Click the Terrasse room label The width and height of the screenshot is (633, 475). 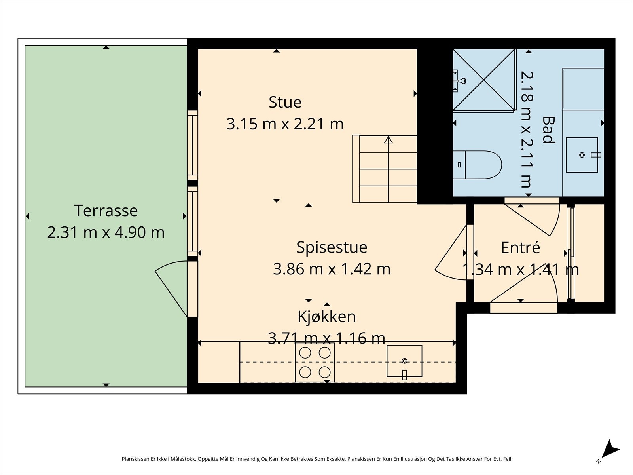[106, 211]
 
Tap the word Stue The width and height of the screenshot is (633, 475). [285, 102]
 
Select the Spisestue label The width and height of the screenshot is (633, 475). [332, 247]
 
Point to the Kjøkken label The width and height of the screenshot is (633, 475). [326, 316]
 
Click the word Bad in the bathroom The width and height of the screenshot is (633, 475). [548, 130]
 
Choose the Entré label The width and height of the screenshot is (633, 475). [520, 247]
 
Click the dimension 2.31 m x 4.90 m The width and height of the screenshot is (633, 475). [106, 232]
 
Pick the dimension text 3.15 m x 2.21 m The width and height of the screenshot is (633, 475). [285, 124]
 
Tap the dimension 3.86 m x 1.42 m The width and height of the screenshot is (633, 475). [332, 269]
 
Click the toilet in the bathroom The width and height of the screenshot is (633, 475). [477, 165]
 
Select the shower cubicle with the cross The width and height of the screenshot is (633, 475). [484, 80]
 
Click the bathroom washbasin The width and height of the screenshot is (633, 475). [582, 155]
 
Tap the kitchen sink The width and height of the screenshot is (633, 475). [404, 361]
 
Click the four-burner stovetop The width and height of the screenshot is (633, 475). [315, 362]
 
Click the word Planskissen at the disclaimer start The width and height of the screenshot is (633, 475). [136, 459]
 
